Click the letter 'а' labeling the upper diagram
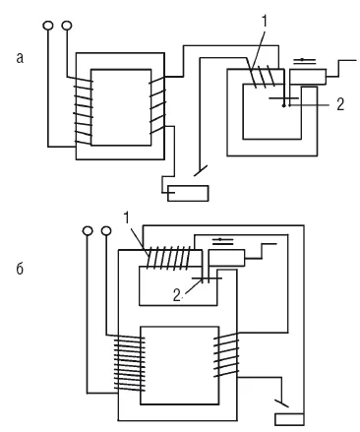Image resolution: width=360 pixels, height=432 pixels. pyautogui.click(x=20, y=58)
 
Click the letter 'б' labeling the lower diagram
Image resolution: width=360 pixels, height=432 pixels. pyautogui.click(x=20, y=269)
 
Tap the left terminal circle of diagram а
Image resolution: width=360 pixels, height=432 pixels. pyautogui.click(x=48, y=26)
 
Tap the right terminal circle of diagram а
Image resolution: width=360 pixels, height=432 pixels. pyautogui.click(x=67, y=25)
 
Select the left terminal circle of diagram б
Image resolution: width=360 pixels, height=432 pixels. pyautogui.click(x=88, y=230)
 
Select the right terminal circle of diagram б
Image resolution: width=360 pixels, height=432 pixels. pyautogui.click(x=106, y=230)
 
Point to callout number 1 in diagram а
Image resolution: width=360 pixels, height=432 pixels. pyautogui.click(x=265, y=22)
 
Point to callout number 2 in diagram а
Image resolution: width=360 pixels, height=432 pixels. pyautogui.click(x=340, y=104)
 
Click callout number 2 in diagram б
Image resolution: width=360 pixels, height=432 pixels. pyautogui.click(x=177, y=296)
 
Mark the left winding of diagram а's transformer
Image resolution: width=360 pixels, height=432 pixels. pyautogui.click(x=84, y=111)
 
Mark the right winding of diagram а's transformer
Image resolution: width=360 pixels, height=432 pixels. pyautogui.click(x=157, y=105)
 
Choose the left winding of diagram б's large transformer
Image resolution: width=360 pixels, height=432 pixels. pyautogui.click(x=130, y=363)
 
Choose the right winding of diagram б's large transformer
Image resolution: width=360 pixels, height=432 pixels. pyautogui.click(x=226, y=355)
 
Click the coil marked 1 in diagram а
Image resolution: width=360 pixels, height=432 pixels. pyautogui.click(x=262, y=77)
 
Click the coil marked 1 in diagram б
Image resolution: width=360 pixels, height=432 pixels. pyautogui.click(x=168, y=258)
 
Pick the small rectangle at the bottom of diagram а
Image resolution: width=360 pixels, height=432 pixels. pyautogui.click(x=188, y=193)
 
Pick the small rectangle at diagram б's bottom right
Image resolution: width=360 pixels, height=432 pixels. pyautogui.click(x=289, y=419)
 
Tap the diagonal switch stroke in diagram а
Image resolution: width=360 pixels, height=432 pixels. pyautogui.click(x=201, y=170)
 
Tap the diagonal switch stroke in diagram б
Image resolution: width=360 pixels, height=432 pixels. pyautogui.click(x=281, y=403)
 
